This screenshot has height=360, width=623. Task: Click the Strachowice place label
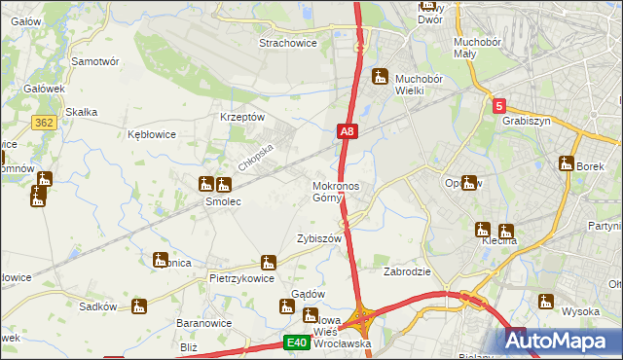(x=290, y=43)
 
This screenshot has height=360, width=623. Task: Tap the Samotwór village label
(x=95, y=60)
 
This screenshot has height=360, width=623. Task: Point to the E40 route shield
(x=297, y=342)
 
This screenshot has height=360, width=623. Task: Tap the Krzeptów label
(x=242, y=117)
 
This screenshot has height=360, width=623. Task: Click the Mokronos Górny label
(x=336, y=192)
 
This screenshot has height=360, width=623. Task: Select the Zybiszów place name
(x=318, y=238)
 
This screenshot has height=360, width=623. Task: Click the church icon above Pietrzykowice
(x=268, y=262)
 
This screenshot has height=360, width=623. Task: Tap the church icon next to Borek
(x=568, y=163)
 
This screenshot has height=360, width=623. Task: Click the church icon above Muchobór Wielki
(x=381, y=76)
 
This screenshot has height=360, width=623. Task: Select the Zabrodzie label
(x=408, y=272)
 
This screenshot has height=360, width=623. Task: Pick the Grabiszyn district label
(x=527, y=122)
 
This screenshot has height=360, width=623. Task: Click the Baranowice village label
(x=202, y=322)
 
